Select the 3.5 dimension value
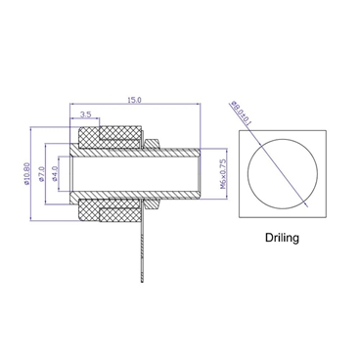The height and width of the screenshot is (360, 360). point(86,114)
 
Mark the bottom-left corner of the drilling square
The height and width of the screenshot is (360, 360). point(239,218)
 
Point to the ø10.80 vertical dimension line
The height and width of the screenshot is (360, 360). point(34,172)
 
